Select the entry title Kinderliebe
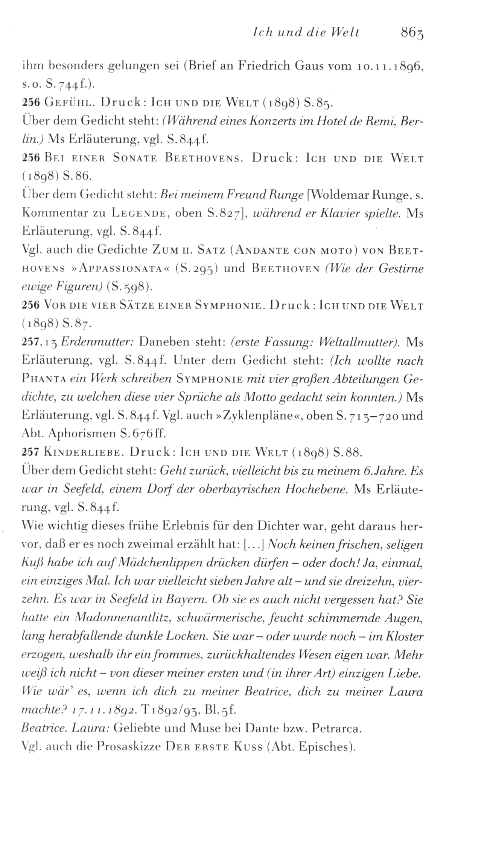(x=82, y=453)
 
